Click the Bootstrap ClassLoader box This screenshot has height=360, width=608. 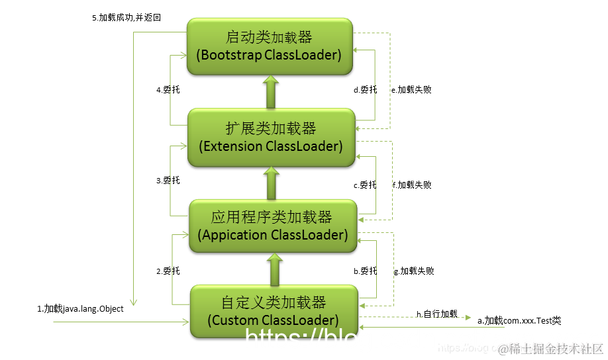pyautogui.click(x=270, y=46)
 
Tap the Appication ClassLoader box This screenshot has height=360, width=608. pyautogui.click(x=272, y=226)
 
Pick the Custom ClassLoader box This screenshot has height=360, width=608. pyautogui.click(x=274, y=311)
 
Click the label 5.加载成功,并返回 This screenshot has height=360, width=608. pyautogui.click(x=127, y=18)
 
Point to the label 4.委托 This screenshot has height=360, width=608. pyautogui.click(x=168, y=89)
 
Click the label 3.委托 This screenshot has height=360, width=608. pyautogui.click(x=168, y=180)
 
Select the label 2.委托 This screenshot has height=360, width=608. pyautogui.click(x=168, y=271)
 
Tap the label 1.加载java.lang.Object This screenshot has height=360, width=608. pyautogui.click(x=80, y=308)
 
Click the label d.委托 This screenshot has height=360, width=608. pyautogui.click(x=365, y=89)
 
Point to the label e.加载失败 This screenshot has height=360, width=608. pyautogui.click(x=412, y=89)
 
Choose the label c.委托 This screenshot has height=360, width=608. pyautogui.click(x=365, y=185)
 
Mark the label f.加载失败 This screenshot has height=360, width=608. pyautogui.click(x=413, y=185)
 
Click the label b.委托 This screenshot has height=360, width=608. pyautogui.click(x=365, y=271)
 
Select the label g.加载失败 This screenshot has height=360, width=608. pyautogui.click(x=415, y=271)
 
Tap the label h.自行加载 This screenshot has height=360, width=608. pyautogui.click(x=436, y=313)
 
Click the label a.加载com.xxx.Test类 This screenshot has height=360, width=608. pyautogui.click(x=519, y=320)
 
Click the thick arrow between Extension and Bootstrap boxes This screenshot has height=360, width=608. pyautogui.click(x=270, y=92)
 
